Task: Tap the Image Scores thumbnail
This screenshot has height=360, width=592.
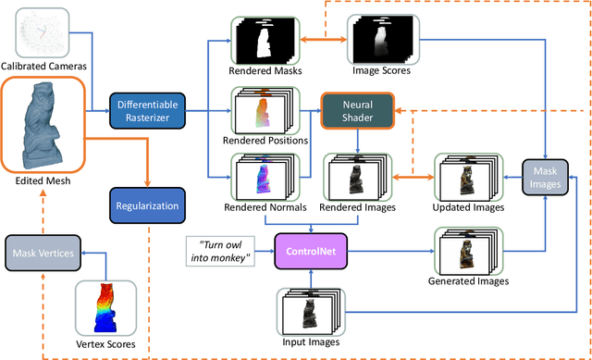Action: tap(377, 39)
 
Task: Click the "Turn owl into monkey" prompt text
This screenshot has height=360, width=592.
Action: tap(218, 251)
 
